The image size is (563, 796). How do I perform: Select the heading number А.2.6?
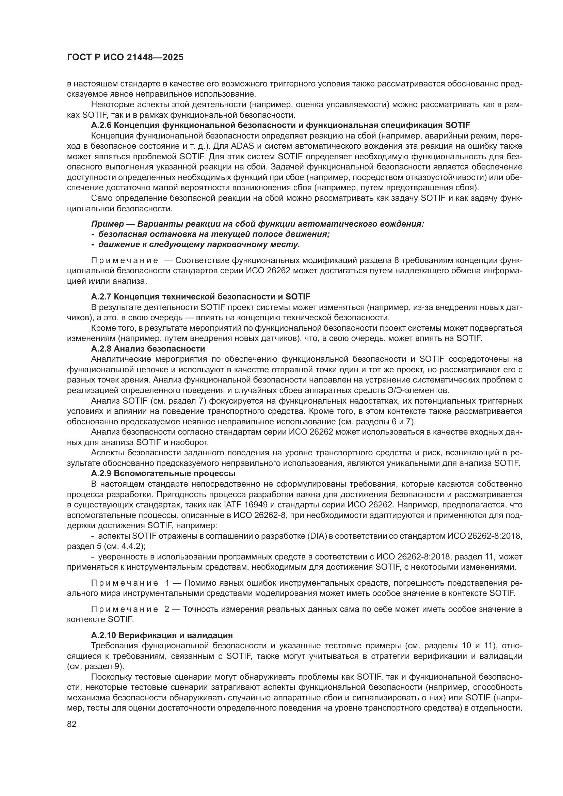click(x=101, y=125)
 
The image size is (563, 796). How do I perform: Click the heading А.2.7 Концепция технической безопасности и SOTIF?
click(x=200, y=297)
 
